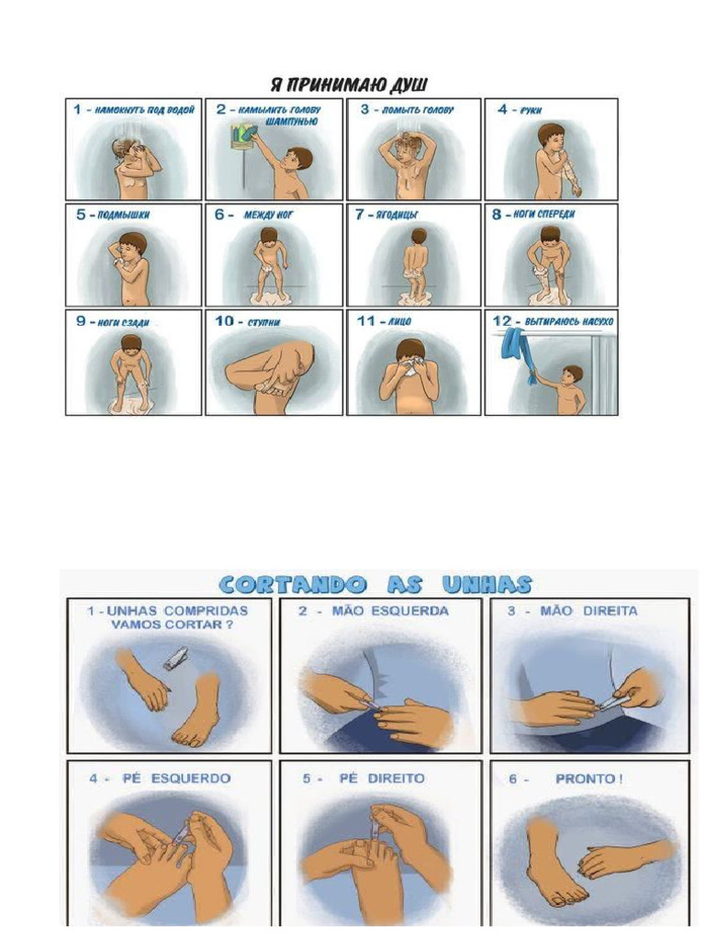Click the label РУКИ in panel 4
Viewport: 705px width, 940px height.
(532, 110)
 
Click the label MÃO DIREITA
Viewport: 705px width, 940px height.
(602, 611)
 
